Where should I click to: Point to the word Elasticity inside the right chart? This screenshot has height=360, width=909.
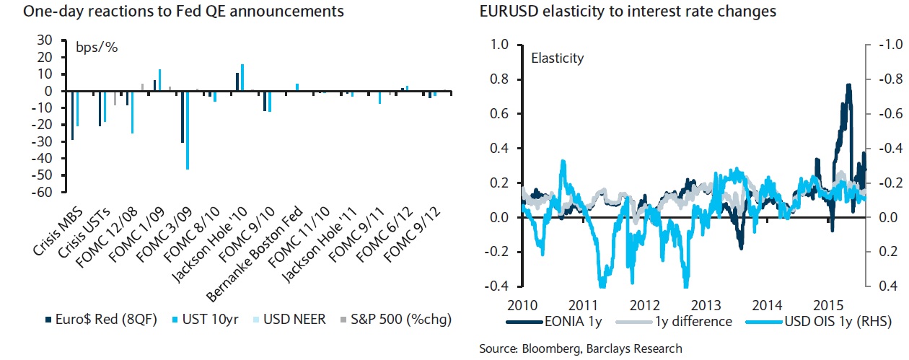(557, 58)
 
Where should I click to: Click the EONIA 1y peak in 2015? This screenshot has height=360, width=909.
(848, 85)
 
